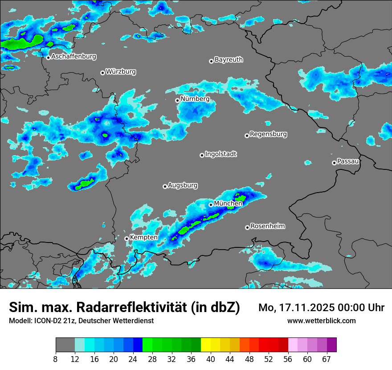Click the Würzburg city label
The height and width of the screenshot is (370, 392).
pos(121,72)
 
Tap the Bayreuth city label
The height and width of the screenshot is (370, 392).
pos(229,60)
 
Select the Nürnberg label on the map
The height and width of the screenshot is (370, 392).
pos(195,99)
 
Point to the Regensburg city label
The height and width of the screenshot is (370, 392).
pos(268,134)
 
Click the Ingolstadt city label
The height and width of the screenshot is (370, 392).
pos(220,154)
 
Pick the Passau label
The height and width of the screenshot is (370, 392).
pos(348,161)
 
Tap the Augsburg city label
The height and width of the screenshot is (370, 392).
pos(183,185)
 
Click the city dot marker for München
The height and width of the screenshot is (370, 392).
pos(211,205)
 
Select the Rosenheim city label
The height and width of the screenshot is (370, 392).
pos(267,226)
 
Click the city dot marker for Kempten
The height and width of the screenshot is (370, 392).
pos(127,238)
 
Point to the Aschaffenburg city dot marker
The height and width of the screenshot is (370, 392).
pos(48,57)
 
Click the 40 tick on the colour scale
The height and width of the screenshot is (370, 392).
pos(211,359)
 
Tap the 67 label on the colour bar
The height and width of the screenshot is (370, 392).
pos(327,359)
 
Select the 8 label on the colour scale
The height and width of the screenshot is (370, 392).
pos(56,359)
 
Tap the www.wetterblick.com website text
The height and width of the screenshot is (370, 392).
pos(322,321)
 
